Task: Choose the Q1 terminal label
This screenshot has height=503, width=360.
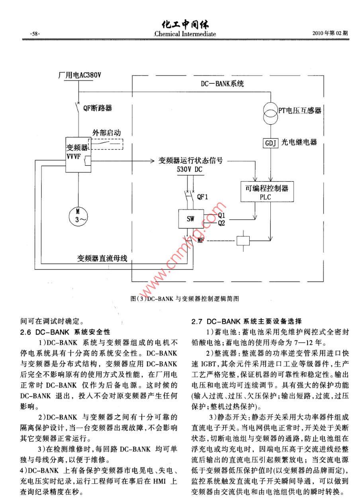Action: (221, 215)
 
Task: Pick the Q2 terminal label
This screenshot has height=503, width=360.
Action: (221, 223)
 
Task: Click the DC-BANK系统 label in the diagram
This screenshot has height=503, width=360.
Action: (223, 84)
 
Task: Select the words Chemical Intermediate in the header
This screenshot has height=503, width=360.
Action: (186, 34)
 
